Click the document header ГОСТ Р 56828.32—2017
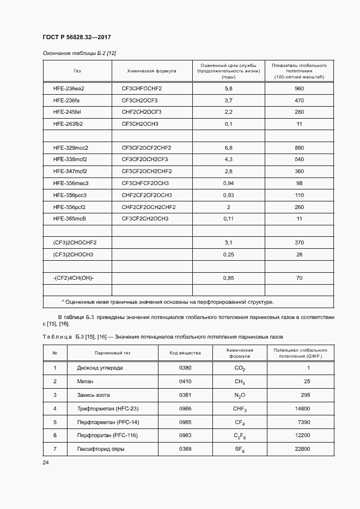tap(76, 38)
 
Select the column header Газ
tap(77, 70)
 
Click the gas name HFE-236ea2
tap(69, 88)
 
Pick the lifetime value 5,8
tap(228, 88)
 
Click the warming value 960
tap(298, 88)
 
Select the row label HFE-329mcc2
tap(71, 148)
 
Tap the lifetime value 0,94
tap(228, 183)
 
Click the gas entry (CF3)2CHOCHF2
tap(75, 242)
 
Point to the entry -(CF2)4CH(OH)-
tap(74, 278)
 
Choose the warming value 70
tap(299, 278)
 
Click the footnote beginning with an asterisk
tap(168, 302)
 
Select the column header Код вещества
tap(185, 353)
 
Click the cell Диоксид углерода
tap(100, 368)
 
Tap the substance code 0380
tap(185, 368)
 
